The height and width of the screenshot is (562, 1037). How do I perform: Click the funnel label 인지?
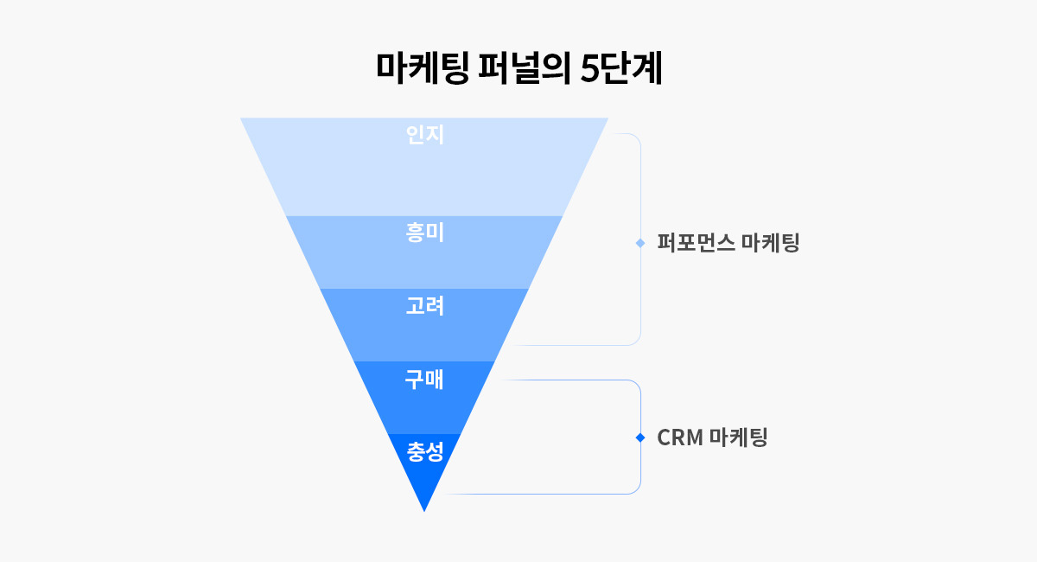coord(424,135)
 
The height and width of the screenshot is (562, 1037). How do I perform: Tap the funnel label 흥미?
coord(424,233)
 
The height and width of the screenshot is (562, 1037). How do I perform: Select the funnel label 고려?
coord(424,305)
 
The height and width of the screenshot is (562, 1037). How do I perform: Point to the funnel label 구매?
coord(424,379)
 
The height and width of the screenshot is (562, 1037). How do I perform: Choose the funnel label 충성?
coord(424,450)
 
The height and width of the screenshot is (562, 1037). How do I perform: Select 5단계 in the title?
coord(621,69)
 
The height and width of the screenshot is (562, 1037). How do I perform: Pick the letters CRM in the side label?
coord(678,437)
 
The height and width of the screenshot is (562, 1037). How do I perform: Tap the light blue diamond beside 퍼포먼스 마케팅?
coord(640,243)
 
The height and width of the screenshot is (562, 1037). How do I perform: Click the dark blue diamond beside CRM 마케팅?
coord(640,437)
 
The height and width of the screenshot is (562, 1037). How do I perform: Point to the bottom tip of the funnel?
coord(424,510)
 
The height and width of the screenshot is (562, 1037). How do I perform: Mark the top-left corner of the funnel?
coord(242,118)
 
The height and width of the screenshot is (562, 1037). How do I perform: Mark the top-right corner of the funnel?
coord(607,118)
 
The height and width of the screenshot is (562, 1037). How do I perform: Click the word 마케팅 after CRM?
coord(738,437)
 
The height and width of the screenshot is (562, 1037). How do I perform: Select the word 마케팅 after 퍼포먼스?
coord(771,243)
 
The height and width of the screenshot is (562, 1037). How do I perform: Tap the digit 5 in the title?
coord(588,69)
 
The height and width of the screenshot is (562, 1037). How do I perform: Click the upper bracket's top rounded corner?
coord(636,137)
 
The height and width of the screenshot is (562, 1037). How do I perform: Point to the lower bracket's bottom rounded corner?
coord(636,490)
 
